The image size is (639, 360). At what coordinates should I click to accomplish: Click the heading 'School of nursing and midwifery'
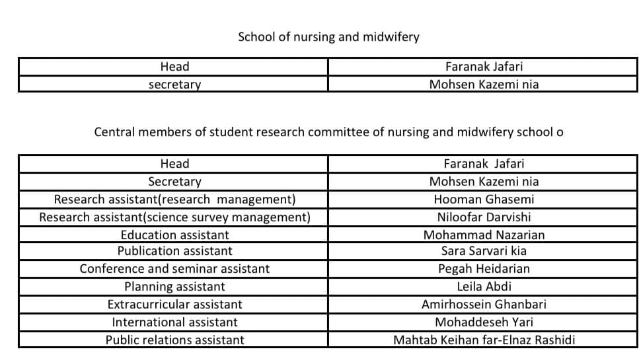tap(328, 37)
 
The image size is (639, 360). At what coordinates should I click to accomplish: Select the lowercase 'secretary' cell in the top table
tap(174, 85)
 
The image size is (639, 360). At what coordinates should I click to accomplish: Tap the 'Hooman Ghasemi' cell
tap(484, 199)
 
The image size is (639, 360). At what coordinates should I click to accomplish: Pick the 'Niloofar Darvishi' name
tap(484, 217)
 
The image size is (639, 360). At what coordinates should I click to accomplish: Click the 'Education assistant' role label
tap(174, 234)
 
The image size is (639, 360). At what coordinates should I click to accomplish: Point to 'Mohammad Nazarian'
tap(484, 234)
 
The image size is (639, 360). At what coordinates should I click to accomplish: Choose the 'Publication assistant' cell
tap(174, 251)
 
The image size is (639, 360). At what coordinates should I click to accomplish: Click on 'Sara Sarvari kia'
tap(484, 251)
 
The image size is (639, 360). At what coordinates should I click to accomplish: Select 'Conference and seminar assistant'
tap(174, 269)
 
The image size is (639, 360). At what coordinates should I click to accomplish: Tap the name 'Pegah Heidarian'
tap(484, 269)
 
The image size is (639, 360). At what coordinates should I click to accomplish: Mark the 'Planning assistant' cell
tap(174, 287)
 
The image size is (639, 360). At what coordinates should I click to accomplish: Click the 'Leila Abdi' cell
tap(484, 287)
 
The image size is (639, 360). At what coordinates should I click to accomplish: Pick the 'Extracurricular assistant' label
tap(174, 305)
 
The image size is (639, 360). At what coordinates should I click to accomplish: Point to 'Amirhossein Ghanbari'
tap(484, 305)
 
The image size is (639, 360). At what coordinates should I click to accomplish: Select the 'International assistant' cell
tap(174, 322)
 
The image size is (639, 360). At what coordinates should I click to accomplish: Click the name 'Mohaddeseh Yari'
tap(484, 322)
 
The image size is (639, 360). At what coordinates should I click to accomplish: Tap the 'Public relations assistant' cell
tap(174, 340)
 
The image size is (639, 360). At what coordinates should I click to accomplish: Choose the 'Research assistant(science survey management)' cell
tap(174, 217)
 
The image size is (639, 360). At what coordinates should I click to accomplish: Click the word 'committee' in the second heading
tap(343, 132)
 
